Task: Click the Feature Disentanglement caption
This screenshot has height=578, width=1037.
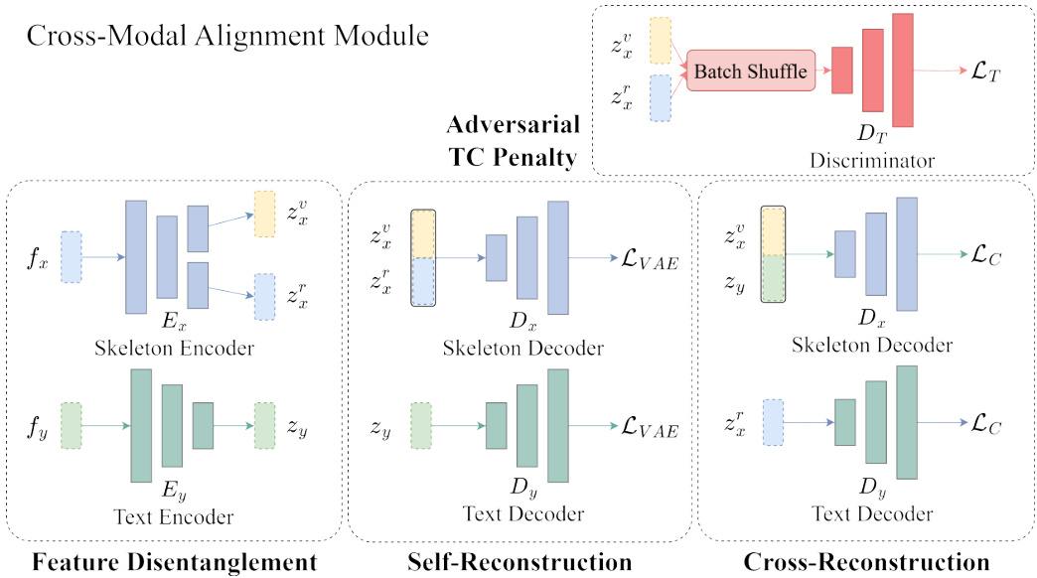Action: (175, 562)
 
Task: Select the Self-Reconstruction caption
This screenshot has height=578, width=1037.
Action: (519, 562)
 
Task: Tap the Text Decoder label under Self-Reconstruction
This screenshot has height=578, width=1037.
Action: (522, 512)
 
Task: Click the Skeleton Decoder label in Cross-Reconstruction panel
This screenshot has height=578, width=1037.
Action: (872, 345)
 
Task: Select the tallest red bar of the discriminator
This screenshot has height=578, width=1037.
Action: (902, 71)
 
